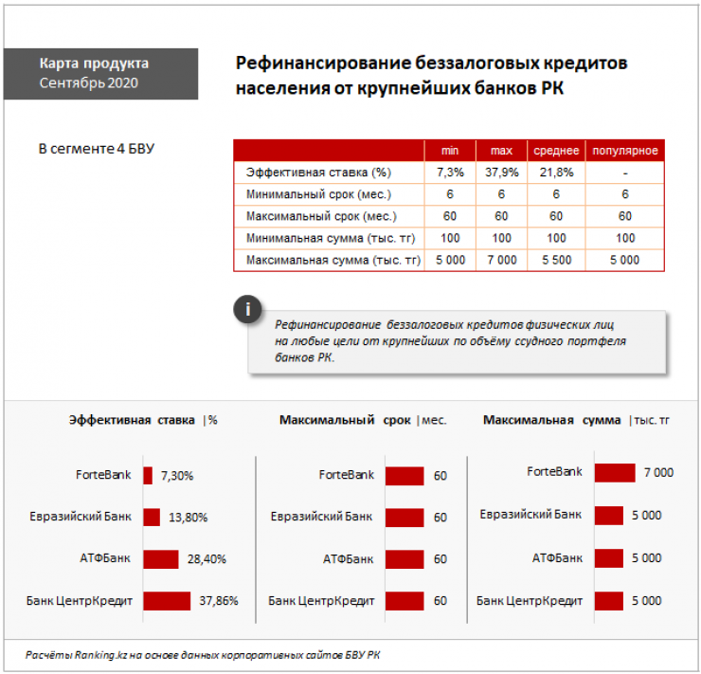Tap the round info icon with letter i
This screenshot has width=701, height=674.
248,310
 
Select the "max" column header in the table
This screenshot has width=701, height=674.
501,152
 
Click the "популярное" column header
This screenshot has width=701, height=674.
625,152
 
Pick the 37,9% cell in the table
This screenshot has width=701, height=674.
501,173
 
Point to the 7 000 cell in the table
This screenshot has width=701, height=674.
501,260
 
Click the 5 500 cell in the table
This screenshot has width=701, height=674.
556,260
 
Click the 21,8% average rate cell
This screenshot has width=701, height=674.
556,173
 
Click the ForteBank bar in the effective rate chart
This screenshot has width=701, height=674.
148,475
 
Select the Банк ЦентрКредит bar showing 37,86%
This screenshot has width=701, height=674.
167,600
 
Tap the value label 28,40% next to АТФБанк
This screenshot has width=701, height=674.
207,558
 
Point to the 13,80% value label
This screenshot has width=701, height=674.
188,517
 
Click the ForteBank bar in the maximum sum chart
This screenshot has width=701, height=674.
615,472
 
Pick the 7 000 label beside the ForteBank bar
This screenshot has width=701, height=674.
657,472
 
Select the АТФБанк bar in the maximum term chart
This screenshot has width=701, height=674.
404,558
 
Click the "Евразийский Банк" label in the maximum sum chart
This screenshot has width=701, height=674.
530,515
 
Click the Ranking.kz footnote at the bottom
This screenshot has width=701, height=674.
204,655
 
